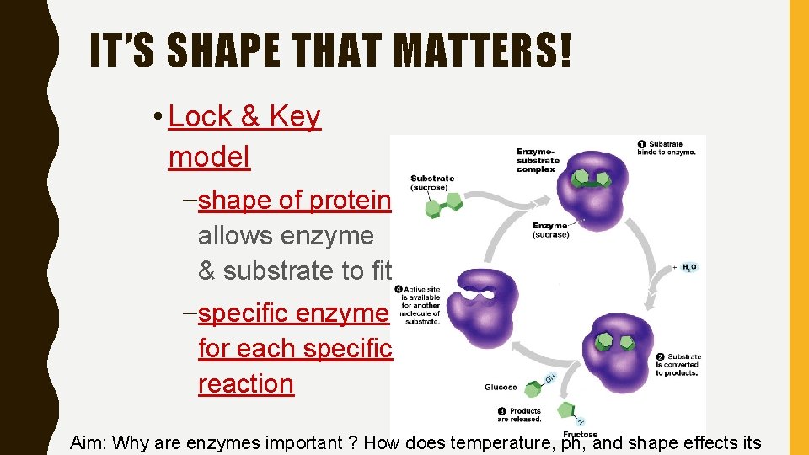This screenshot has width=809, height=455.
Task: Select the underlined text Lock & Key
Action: [244, 117]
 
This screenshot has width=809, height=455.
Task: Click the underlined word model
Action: [209, 156]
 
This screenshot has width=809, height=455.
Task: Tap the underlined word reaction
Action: [246, 383]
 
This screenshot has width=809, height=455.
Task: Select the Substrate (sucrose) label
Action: [431, 183]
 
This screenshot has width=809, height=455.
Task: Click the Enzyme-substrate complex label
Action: [537, 160]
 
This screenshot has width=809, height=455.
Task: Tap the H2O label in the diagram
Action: [688, 267]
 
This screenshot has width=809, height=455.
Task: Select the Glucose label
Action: [501, 388]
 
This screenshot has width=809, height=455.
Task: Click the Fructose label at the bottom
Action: [581, 435]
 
